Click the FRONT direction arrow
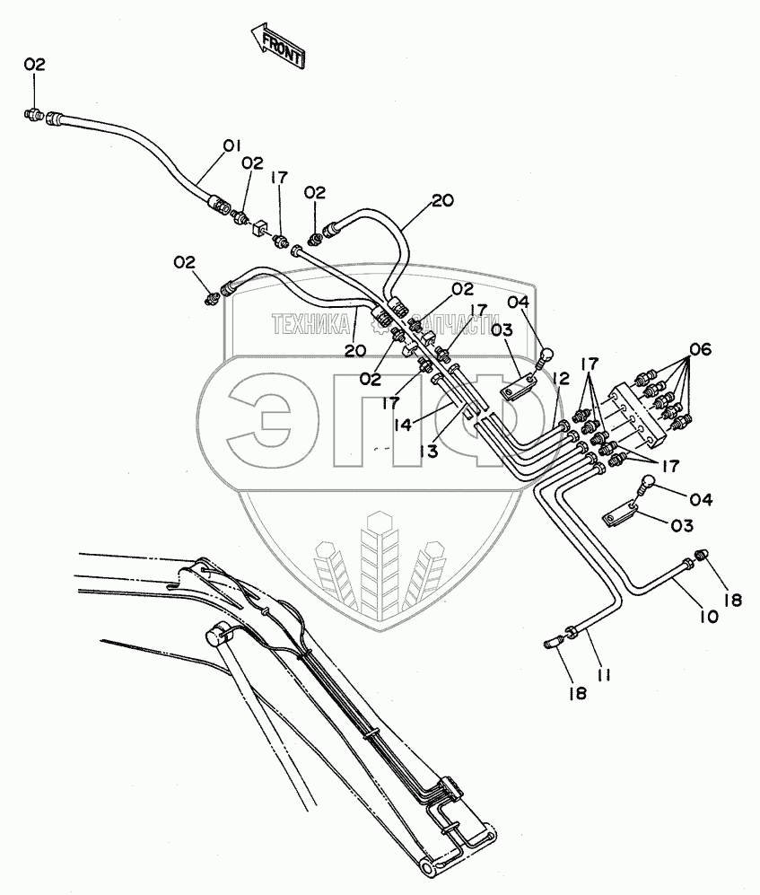tap(277, 46)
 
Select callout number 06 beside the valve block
tap(700, 350)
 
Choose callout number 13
tap(427, 452)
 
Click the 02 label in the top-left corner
tap(34, 64)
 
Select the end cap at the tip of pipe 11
tap(553, 639)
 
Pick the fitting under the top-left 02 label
tap(34, 114)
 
